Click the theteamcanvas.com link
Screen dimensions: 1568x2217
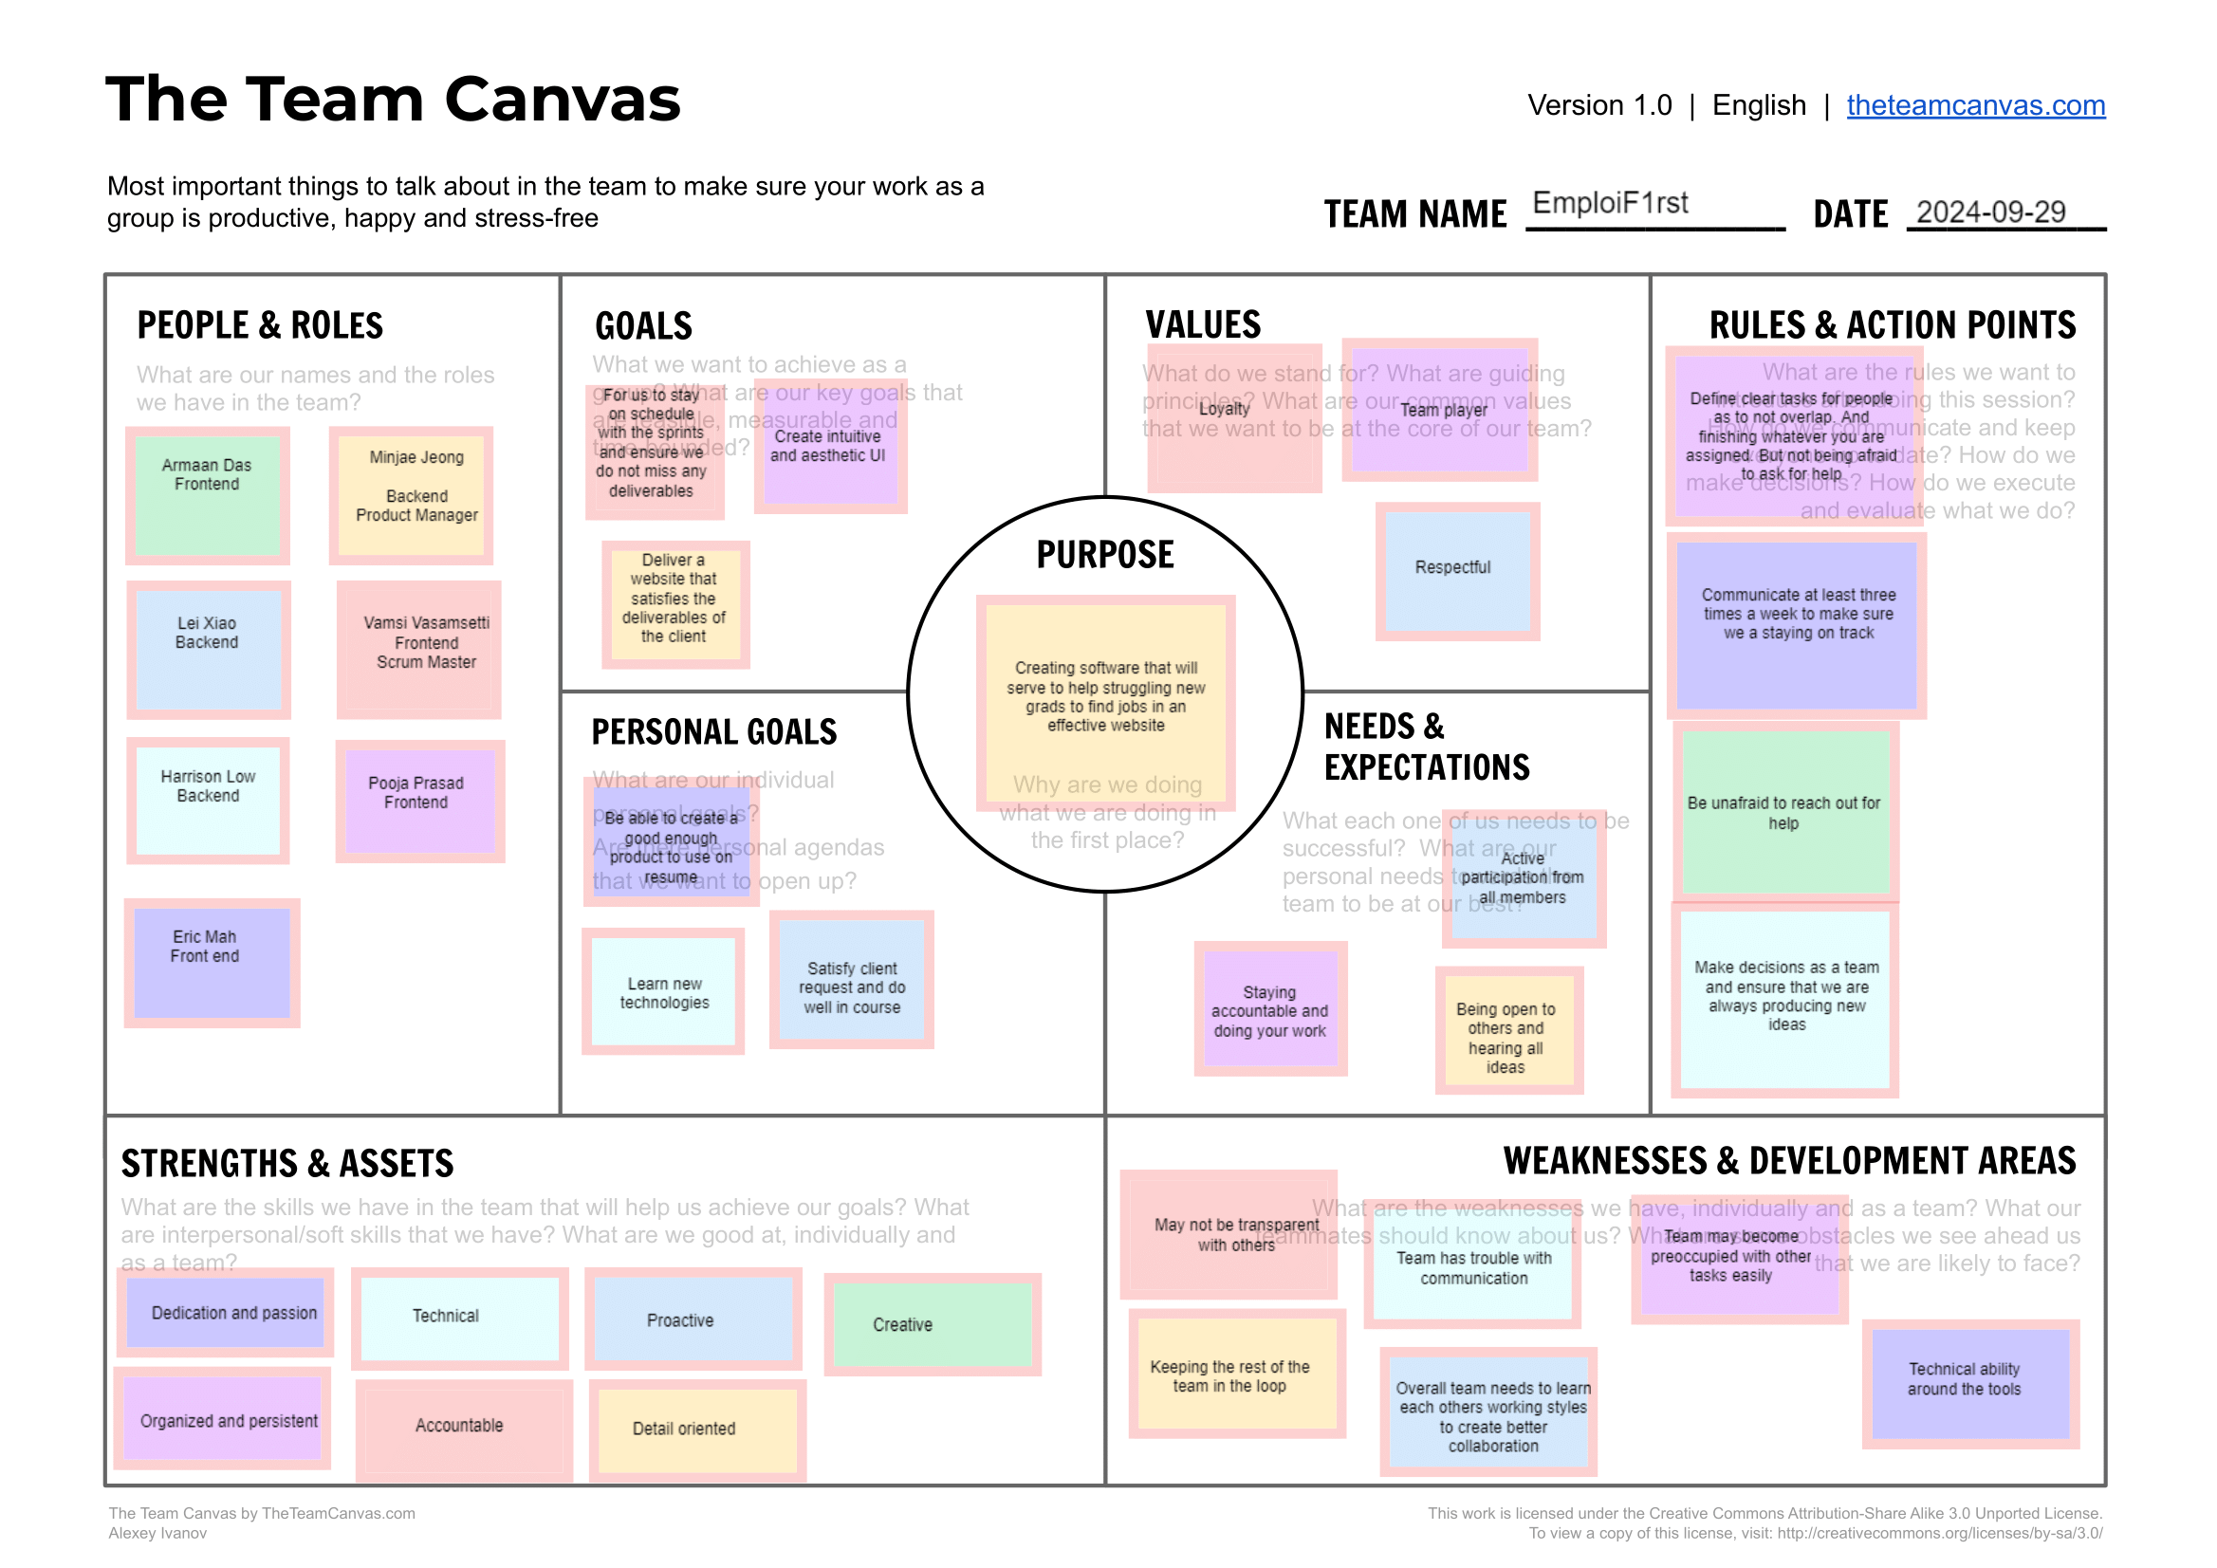(1975, 105)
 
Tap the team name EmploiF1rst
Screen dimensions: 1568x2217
(1610, 204)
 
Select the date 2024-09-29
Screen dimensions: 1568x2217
(1990, 212)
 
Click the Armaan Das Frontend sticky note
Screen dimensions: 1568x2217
(208, 495)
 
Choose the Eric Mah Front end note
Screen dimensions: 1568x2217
(212, 963)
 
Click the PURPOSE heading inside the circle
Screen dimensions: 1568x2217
(1104, 555)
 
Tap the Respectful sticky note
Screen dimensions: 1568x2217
(1457, 572)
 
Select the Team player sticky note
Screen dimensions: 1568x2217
(1439, 412)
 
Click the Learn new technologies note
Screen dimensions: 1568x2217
(663, 991)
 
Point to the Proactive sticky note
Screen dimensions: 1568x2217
(693, 1319)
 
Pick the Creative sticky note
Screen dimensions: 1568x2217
(932, 1324)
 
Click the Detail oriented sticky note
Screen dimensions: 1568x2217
(697, 1429)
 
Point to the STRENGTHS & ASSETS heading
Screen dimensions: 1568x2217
(286, 1164)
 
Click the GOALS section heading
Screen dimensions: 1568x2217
(643, 326)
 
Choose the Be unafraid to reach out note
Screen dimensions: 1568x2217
(1785, 812)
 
